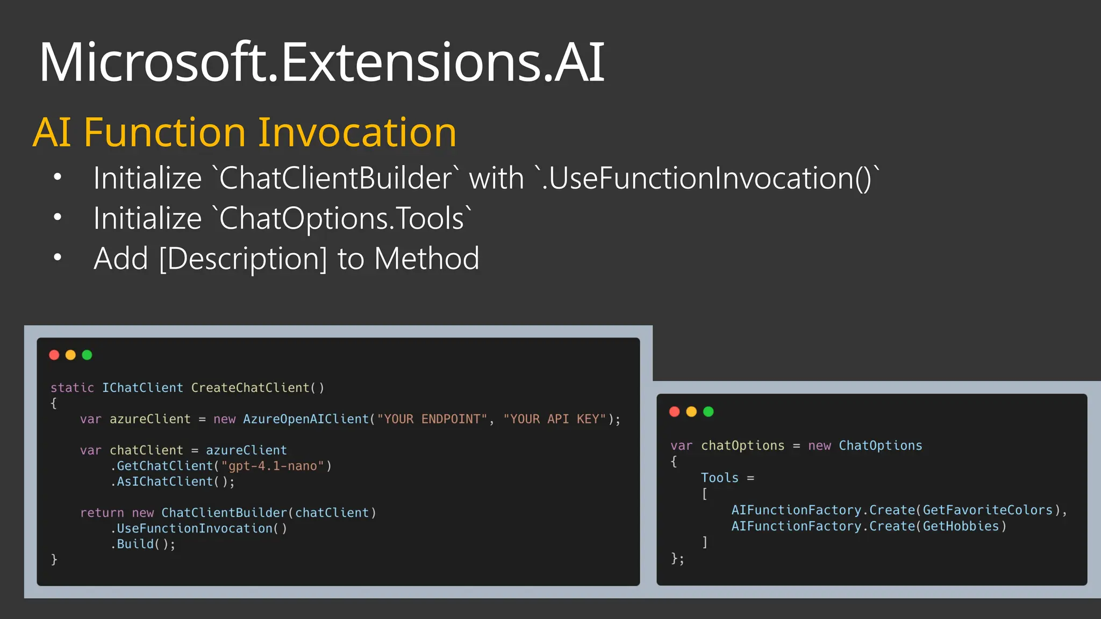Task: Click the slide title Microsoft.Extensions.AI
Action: click(x=321, y=62)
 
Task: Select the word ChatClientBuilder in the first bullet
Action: click(x=336, y=178)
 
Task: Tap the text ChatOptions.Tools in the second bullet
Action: click(x=342, y=218)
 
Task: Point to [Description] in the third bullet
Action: click(x=243, y=258)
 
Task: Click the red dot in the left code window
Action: click(x=54, y=355)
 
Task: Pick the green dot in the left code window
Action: click(x=87, y=355)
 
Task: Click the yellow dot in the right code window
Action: click(x=691, y=412)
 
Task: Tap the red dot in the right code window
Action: click(x=675, y=412)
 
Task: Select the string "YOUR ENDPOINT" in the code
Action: click(x=432, y=419)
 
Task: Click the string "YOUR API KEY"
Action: click(x=554, y=419)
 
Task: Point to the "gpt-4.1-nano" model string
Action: click(x=273, y=466)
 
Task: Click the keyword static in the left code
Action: click(x=72, y=388)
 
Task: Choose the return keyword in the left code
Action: click(x=102, y=513)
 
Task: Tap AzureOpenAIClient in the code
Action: click(x=306, y=419)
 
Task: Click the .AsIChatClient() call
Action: click(x=173, y=481)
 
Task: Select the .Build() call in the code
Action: click(x=142, y=544)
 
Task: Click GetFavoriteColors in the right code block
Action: click(x=988, y=510)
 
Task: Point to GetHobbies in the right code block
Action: click(x=961, y=526)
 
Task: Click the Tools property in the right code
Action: click(x=719, y=478)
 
